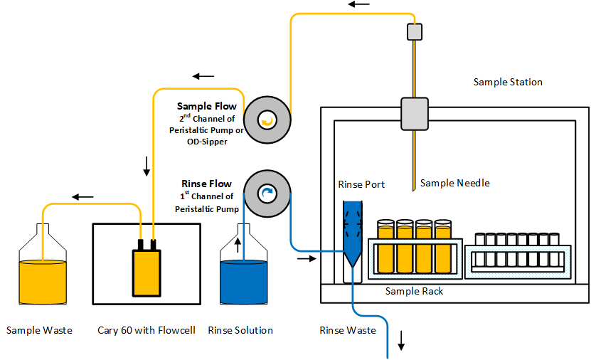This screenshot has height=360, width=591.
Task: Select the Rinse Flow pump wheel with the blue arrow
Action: click(x=267, y=192)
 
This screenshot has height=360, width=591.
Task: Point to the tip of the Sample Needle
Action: click(x=412, y=190)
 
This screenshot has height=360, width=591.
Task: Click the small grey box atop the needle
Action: click(x=414, y=32)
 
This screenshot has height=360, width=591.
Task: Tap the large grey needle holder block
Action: click(x=414, y=113)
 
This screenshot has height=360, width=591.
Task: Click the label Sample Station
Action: click(x=508, y=82)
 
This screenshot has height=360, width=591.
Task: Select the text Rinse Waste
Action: click(x=344, y=330)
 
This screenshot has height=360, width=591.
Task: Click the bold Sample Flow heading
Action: click(x=206, y=106)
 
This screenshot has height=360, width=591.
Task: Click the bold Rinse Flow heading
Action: click(x=207, y=184)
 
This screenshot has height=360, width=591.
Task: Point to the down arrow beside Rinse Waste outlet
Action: click(x=401, y=344)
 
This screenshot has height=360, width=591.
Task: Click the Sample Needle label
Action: click(x=454, y=183)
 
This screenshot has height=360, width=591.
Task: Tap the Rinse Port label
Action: click(x=361, y=184)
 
